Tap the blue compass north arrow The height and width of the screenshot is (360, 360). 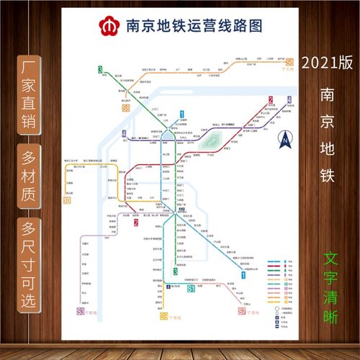click(x=285, y=137)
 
